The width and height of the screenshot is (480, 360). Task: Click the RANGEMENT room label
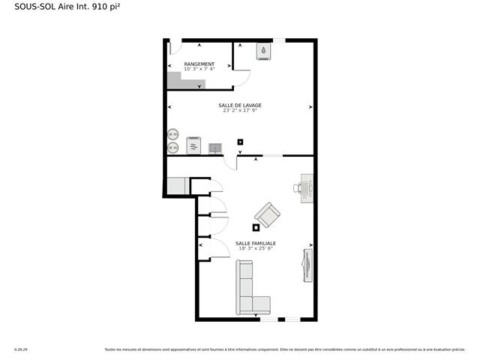[199, 64]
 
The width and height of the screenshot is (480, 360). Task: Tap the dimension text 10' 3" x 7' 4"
[199, 70]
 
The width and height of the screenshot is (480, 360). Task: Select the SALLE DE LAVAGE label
[240, 105]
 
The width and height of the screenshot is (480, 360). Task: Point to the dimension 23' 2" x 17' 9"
[240, 110]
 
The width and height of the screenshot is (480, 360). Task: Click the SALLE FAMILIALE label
[255, 243]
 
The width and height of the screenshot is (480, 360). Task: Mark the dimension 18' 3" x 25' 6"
[255, 248]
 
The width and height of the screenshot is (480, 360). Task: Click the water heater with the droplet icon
[264, 51]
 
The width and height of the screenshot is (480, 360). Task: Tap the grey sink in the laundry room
[215, 147]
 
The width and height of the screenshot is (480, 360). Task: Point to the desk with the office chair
[307, 188]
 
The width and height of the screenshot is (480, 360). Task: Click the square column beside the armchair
[256, 227]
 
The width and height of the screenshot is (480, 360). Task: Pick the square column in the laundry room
[240, 141]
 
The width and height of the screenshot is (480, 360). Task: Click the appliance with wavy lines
[194, 145]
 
